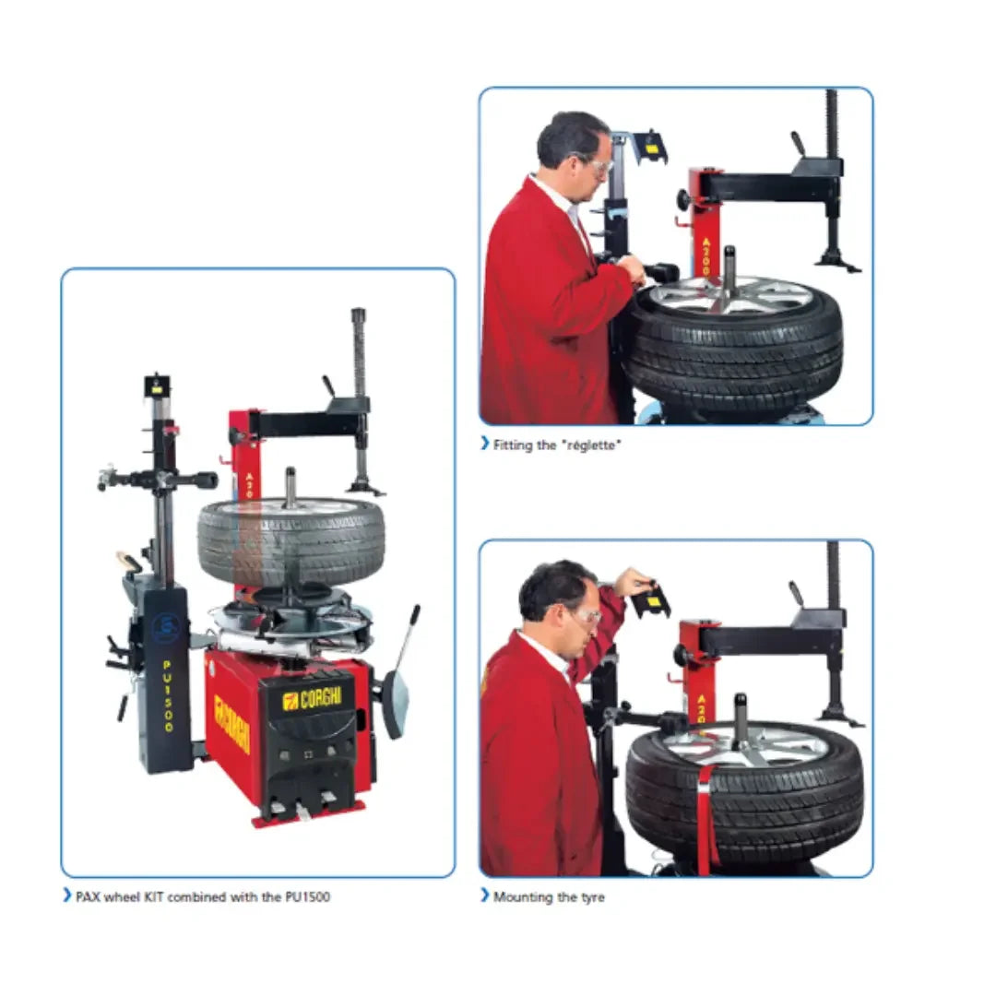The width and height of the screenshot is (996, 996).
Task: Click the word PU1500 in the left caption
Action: [x=307, y=897]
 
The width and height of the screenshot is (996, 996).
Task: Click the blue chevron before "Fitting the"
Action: [x=485, y=443]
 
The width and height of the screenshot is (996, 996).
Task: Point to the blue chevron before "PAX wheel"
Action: [x=67, y=895]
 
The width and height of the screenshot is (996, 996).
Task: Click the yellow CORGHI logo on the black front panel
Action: [x=312, y=698]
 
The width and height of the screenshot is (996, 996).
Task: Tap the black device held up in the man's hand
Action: [x=651, y=599]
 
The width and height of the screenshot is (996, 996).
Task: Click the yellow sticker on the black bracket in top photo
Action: [x=651, y=149]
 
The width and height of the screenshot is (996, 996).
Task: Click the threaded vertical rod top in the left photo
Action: [x=358, y=315]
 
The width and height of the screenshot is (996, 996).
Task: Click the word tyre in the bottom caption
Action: [x=591, y=898]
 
